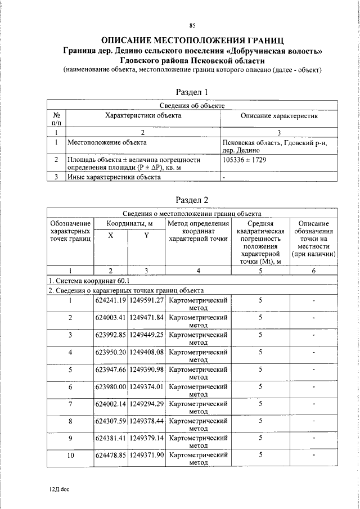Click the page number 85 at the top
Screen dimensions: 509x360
click(x=192, y=25)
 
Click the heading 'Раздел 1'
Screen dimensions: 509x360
click(x=192, y=91)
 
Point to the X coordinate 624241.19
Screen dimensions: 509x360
click(x=110, y=300)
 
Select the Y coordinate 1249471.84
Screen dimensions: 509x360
click(x=146, y=318)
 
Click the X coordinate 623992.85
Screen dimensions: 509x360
click(x=110, y=335)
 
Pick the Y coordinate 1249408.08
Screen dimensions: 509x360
click(x=146, y=352)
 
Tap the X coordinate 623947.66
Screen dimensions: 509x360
click(x=110, y=370)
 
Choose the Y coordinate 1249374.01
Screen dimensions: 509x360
click(x=146, y=386)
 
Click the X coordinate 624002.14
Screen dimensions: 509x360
click(x=110, y=404)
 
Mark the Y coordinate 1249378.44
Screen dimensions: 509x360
click(x=146, y=421)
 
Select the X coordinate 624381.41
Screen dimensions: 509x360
click(x=110, y=438)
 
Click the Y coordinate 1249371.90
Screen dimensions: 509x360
click(x=146, y=455)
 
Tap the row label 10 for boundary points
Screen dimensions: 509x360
click(x=70, y=456)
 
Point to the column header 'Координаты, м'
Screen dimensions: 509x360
click(x=129, y=223)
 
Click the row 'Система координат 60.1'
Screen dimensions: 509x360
click(x=89, y=281)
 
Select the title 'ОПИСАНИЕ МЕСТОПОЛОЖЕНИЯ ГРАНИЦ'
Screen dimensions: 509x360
click(x=192, y=40)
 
